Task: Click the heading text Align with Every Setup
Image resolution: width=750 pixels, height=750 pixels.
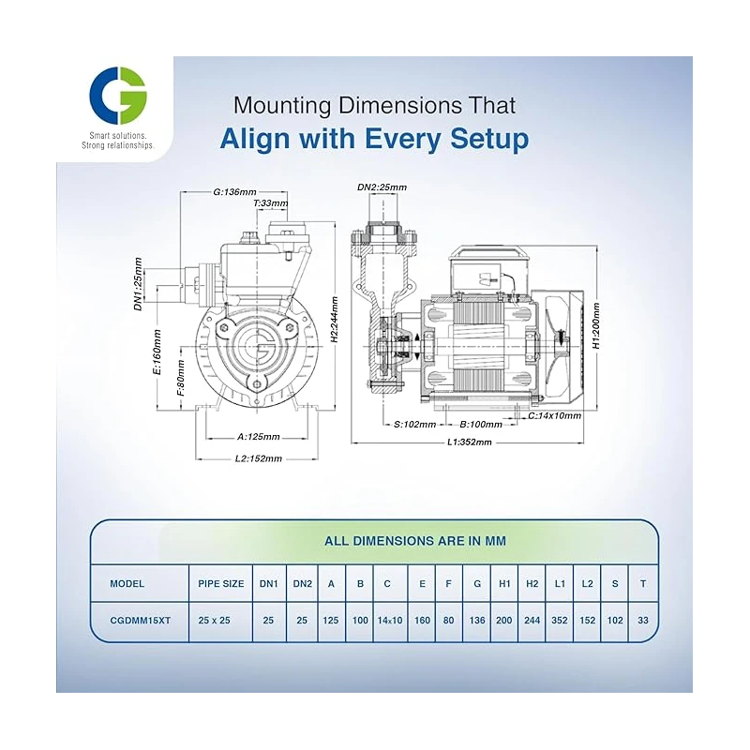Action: [x=374, y=139]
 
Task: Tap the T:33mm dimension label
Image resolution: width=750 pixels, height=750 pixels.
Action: [x=270, y=202]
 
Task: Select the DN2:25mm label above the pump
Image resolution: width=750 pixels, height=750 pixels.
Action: [x=382, y=187]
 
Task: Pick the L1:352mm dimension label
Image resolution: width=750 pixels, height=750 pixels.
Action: [x=469, y=442]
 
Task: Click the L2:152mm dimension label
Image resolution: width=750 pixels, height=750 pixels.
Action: [x=257, y=458]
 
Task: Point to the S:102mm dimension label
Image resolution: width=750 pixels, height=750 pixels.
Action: [x=414, y=424]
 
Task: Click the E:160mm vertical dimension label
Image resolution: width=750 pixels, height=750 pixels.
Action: [x=157, y=351]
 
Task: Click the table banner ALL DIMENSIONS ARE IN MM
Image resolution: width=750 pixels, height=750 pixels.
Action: [x=374, y=541]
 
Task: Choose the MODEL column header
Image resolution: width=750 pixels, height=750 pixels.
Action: [x=127, y=583]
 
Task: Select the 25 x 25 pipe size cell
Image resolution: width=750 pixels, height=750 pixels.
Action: [x=221, y=620]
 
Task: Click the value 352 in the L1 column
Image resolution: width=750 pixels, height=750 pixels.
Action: [x=560, y=620]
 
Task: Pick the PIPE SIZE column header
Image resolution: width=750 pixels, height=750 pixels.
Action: [x=221, y=583]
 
